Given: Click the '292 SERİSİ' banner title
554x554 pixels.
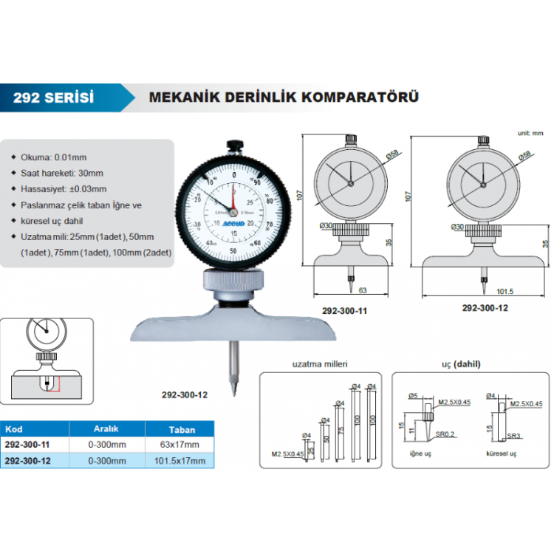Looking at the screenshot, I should pos(53,98).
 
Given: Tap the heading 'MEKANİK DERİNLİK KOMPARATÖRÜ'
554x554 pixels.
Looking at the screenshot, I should pos(284,98).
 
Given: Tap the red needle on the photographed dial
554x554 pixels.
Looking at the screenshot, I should pos(233,200).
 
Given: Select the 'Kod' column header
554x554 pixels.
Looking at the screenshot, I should pos(13,428).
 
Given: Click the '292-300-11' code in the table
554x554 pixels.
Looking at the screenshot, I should pos(27,445).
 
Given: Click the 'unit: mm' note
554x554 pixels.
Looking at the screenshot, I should pos(530,133).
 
